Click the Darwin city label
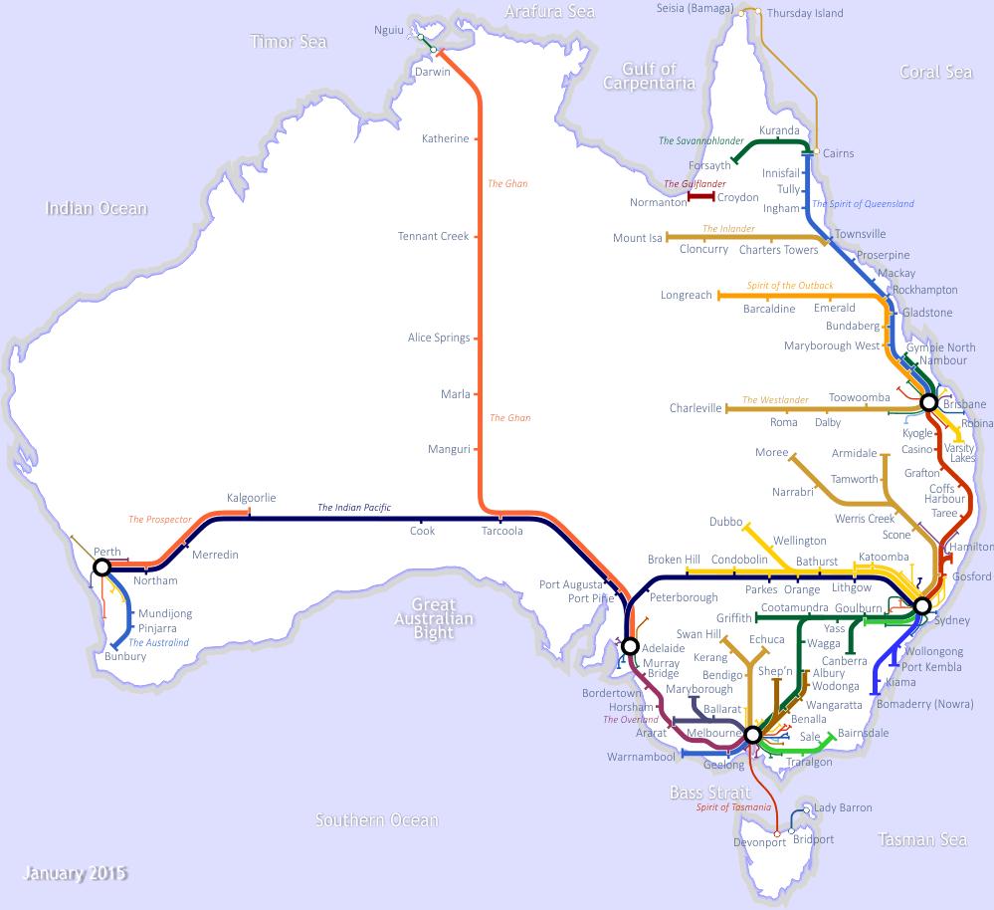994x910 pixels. point(432,72)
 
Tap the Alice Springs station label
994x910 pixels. point(439,338)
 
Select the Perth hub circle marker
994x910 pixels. point(101,568)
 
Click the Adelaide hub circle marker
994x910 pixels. point(630,646)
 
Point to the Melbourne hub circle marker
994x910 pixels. point(752,735)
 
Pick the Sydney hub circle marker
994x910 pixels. point(922,605)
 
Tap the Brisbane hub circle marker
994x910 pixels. point(928,403)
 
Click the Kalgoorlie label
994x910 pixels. point(251,497)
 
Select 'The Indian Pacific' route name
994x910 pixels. point(354,508)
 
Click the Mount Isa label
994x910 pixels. point(637,238)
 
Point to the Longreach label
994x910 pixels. point(686,295)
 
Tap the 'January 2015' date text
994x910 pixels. point(76,874)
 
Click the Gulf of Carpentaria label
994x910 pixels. point(649,77)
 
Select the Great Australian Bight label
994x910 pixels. point(434,618)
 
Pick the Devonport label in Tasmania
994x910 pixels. point(759,842)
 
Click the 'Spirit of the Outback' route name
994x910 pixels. point(790,286)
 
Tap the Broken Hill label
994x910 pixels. point(674,560)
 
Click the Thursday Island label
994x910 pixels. point(805,13)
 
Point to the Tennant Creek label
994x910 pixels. point(433,236)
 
